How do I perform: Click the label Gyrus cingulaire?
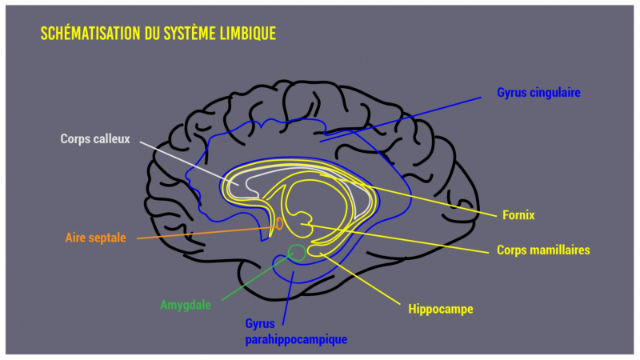(538, 93)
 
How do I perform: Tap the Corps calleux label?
(94, 138)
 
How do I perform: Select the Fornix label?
(519, 215)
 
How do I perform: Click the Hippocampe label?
(440, 308)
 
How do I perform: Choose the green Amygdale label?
(186, 305)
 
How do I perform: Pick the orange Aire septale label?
(95, 238)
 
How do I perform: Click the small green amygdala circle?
(296, 253)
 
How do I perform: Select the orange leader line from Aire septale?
(200, 233)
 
